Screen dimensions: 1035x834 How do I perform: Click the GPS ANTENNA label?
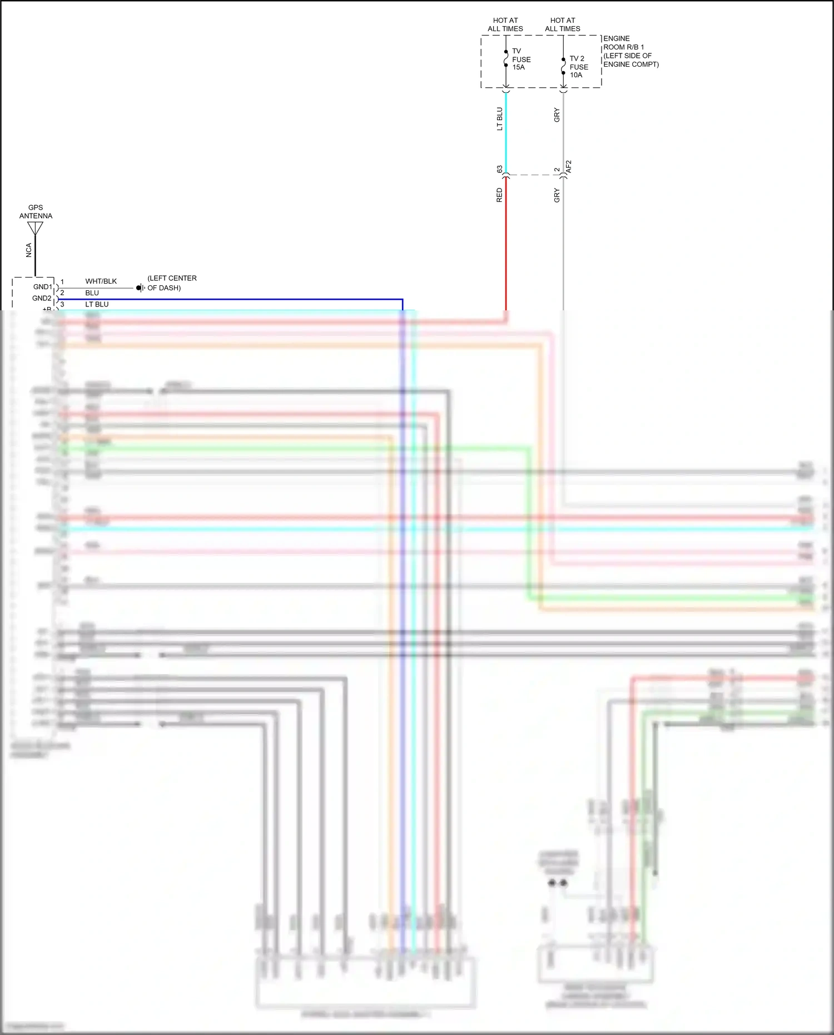36,212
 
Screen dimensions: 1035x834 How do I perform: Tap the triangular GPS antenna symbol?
35,228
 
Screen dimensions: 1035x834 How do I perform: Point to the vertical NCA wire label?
29,250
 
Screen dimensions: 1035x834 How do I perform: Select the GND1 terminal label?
43,287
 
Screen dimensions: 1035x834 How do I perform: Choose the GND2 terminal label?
42,298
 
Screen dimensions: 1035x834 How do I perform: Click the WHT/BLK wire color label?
101,281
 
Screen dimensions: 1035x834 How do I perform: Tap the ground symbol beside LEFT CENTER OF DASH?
140,288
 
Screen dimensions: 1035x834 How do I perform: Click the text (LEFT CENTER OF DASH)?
172,283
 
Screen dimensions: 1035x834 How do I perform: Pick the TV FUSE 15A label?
521,59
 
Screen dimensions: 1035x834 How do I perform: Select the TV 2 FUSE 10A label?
578,67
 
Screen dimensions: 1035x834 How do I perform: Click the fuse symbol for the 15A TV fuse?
506,58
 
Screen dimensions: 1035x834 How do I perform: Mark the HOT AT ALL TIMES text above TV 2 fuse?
562,24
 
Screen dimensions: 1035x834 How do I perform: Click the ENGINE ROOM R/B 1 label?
631,51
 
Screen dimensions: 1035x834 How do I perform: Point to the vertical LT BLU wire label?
499,119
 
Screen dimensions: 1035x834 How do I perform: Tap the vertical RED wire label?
499,195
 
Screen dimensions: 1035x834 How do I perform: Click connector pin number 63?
499,169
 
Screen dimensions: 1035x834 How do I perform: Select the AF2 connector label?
568,167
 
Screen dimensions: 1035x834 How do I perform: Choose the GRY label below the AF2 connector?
557,195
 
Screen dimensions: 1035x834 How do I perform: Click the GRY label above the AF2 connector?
557,116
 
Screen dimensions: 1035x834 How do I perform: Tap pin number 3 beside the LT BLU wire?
62,304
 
